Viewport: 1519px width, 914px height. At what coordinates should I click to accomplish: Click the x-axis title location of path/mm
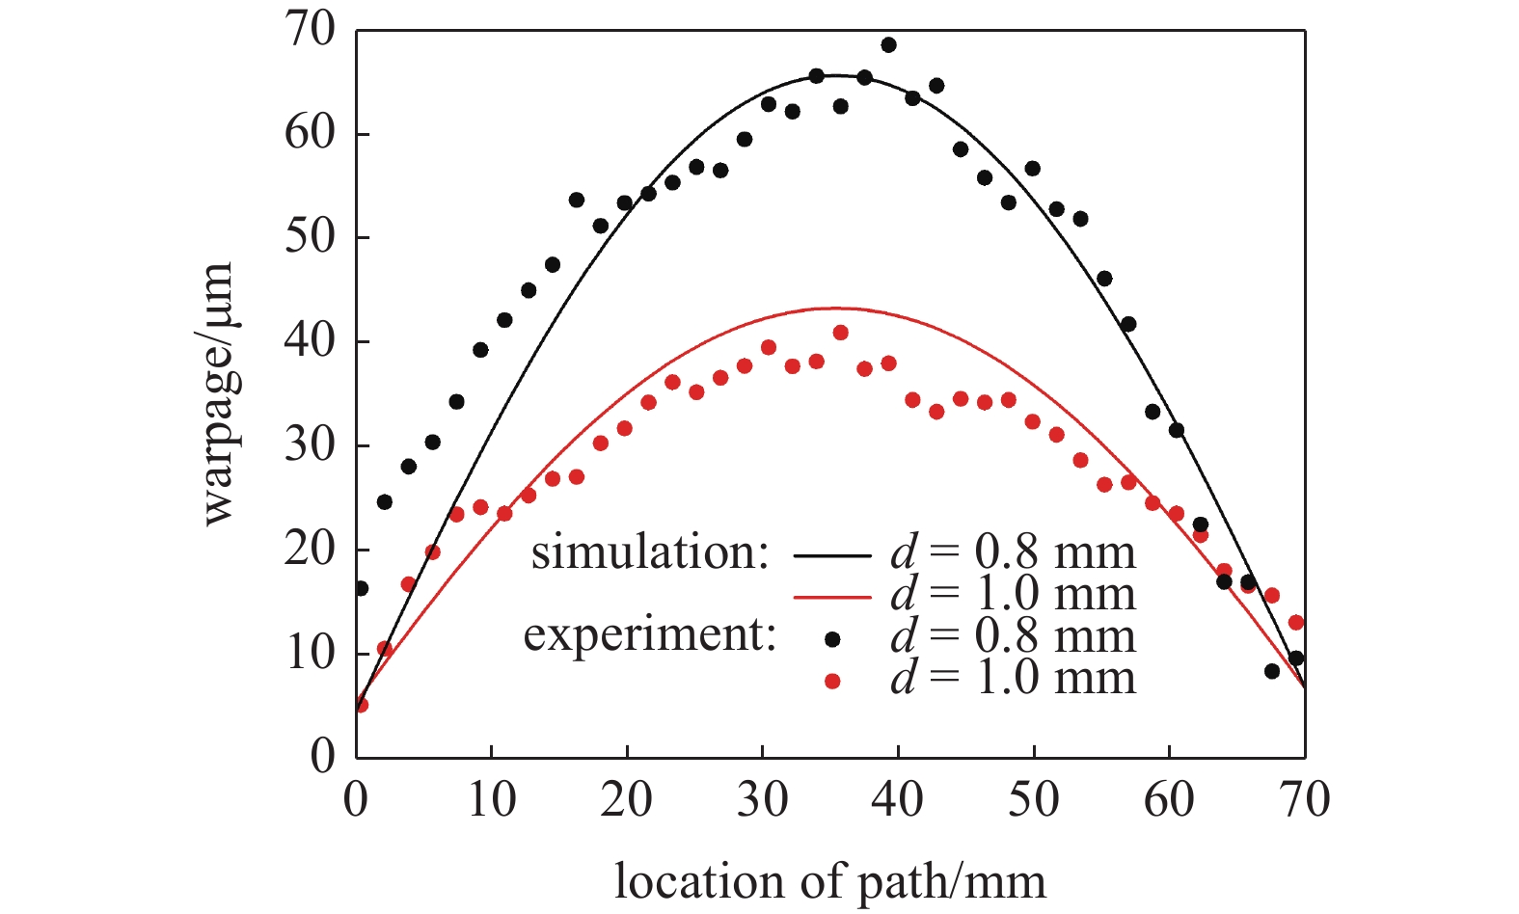pyautogui.click(x=829, y=881)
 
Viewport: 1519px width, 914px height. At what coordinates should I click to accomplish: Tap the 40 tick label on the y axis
pyautogui.click(x=310, y=342)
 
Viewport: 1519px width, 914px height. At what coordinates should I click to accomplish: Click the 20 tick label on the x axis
pyautogui.click(x=627, y=800)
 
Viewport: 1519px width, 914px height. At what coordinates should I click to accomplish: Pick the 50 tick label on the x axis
pyautogui.click(x=1034, y=800)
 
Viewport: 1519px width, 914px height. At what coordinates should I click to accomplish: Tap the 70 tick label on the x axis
pyautogui.click(x=1304, y=800)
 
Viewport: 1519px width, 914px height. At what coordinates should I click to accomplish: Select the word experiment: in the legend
pyautogui.click(x=650, y=635)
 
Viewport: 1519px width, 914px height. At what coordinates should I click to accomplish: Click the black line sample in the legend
pyautogui.click(x=832, y=555)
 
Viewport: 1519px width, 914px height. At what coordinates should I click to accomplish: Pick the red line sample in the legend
pyautogui.click(x=832, y=597)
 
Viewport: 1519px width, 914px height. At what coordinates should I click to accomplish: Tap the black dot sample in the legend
pyautogui.click(x=833, y=638)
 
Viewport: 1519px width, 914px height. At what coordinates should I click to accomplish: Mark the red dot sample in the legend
pyautogui.click(x=833, y=682)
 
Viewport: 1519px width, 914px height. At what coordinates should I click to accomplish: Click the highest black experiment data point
pyautogui.click(x=888, y=45)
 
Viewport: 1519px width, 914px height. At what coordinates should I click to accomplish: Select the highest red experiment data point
pyautogui.click(x=840, y=333)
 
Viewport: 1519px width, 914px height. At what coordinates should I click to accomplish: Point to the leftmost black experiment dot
pyautogui.click(x=361, y=588)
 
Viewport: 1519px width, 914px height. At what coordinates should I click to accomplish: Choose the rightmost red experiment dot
pyautogui.click(x=1296, y=623)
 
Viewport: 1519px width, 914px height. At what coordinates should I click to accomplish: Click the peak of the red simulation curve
pyautogui.click(x=831, y=309)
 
